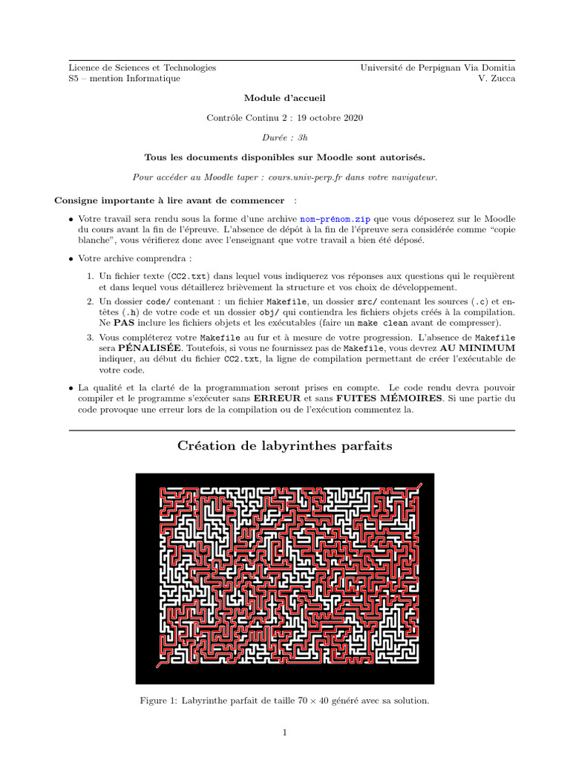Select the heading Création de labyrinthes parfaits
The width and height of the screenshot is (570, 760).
click(x=285, y=446)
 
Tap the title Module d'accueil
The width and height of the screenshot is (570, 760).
click(x=285, y=98)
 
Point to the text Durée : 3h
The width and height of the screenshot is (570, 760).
click(x=285, y=137)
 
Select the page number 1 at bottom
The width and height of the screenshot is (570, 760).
click(x=285, y=733)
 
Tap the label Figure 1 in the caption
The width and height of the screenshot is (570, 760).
click(x=160, y=700)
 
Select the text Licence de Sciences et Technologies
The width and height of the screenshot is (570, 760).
click(x=142, y=68)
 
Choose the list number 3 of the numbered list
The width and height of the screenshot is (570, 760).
click(x=89, y=337)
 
